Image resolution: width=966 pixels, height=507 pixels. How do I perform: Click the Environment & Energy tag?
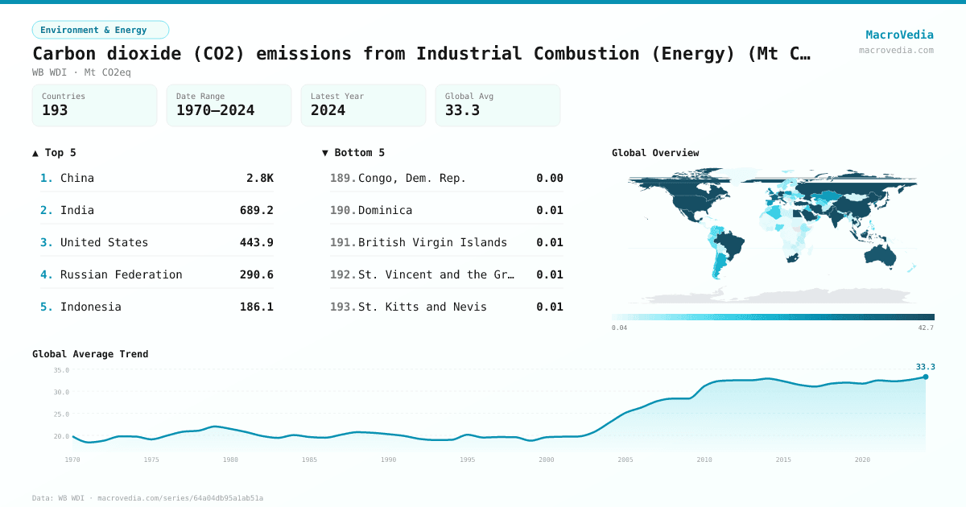101,30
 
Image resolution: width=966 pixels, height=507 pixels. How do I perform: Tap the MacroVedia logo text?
899,35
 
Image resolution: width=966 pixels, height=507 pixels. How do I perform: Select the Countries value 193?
55,110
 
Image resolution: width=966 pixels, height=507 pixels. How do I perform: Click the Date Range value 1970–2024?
215,110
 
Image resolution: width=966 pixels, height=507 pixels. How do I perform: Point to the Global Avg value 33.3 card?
497,105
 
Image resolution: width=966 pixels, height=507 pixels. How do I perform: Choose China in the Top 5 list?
77,178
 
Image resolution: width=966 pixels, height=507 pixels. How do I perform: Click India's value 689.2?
256,210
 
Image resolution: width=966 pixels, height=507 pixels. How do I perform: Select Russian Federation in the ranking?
121,274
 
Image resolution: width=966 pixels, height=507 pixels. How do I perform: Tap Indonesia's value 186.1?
256,307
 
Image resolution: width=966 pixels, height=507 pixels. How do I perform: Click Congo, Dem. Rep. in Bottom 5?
411,178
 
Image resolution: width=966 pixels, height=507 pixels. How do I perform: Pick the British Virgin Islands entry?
432,242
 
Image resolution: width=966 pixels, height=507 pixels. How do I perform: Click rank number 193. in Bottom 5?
343,307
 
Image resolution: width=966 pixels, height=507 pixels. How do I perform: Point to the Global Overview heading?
655,153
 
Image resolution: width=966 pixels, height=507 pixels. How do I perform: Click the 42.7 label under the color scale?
926,328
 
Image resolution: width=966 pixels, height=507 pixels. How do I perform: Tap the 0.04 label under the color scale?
619,328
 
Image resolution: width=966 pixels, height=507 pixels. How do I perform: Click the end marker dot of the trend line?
925,377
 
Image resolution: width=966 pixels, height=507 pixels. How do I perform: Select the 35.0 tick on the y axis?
61,370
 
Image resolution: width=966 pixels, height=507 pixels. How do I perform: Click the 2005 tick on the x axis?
625,460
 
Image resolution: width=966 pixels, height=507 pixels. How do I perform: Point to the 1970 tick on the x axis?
72,460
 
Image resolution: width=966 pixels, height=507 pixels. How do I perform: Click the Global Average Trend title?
90,354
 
